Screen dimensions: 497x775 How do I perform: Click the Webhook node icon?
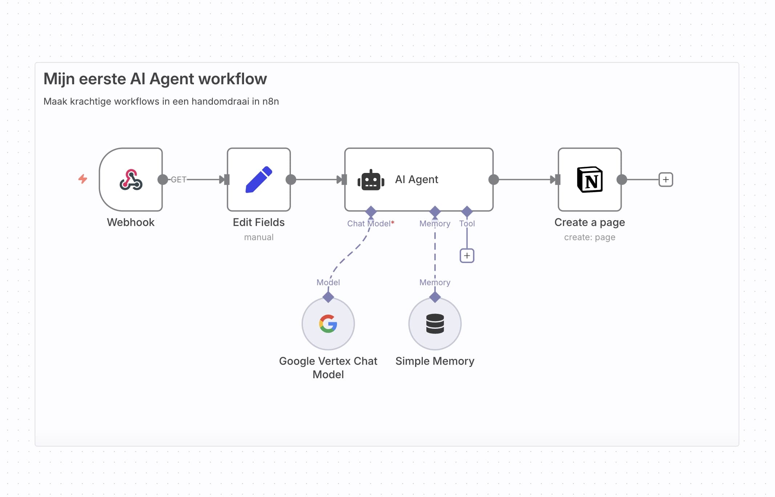[131, 179]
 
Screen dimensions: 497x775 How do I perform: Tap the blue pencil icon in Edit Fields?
[259, 179]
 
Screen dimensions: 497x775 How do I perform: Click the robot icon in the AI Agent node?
[371, 180]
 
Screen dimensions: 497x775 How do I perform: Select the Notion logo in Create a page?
[590, 179]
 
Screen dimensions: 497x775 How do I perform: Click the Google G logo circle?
[328, 324]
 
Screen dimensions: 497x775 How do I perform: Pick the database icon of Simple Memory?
[435, 324]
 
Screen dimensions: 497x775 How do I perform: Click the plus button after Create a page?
[666, 179]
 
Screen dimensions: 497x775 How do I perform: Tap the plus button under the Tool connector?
[467, 256]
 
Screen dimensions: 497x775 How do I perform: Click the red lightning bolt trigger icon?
[83, 179]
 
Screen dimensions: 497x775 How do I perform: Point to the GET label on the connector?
[178, 179]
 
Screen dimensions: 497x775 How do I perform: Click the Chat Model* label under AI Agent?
[370, 223]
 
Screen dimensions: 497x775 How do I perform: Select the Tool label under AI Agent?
[467, 223]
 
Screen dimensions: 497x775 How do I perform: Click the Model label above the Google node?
[328, 282]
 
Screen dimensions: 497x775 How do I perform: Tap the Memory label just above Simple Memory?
[435, 282]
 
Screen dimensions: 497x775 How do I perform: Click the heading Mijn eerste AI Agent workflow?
[155, 79]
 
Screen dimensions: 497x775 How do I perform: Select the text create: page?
[589, 237]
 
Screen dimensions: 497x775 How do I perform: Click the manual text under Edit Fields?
[259, 237]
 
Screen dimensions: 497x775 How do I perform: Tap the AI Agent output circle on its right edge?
[494, 179]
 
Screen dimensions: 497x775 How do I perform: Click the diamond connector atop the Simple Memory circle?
[435, 297]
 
